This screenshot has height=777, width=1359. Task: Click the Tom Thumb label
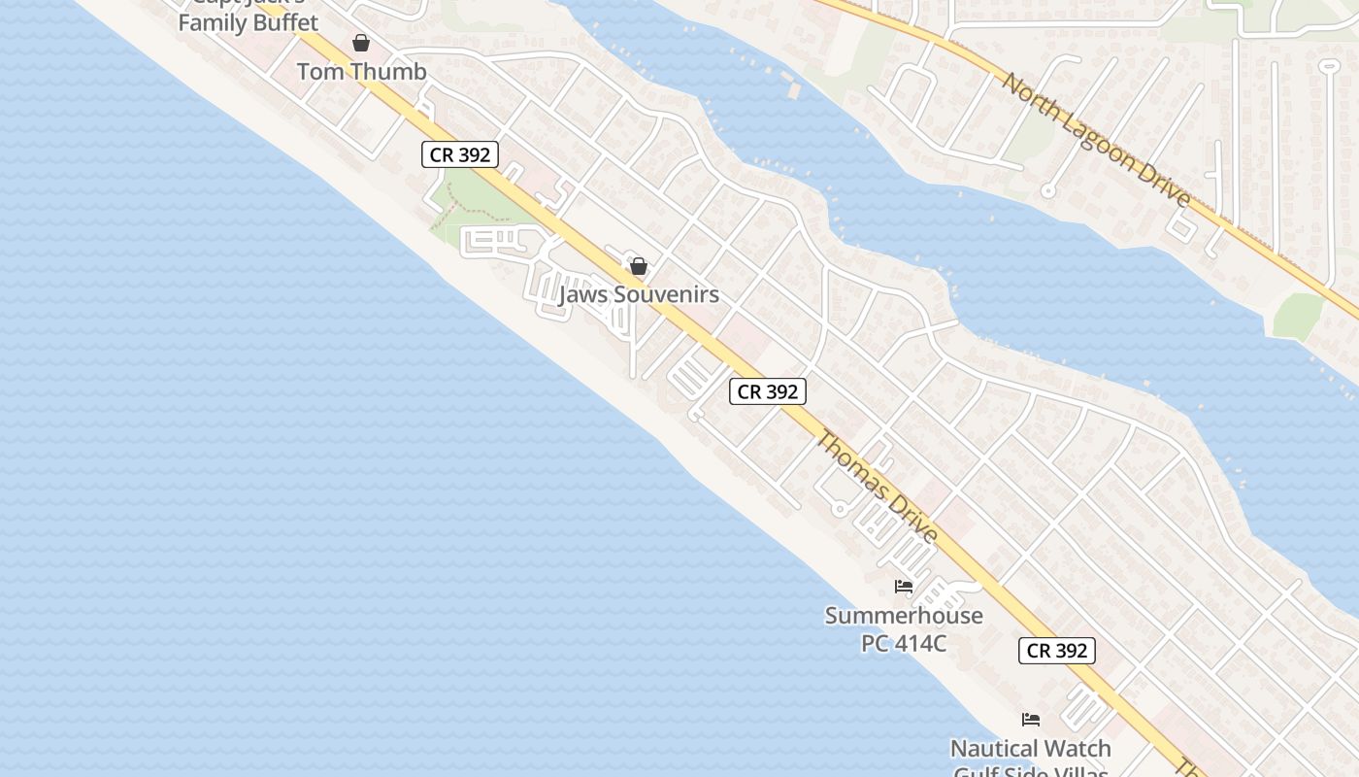[361, 72]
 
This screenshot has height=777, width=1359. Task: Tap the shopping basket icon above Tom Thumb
[361, 43]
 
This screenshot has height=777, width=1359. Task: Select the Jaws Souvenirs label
[639, 294]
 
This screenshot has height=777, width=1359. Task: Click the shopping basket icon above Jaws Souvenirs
[639, 266]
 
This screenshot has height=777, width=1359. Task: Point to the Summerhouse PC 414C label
[904, 628]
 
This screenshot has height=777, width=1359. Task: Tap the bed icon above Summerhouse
[904, 587]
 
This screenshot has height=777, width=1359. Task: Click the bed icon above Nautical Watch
[1031, 720]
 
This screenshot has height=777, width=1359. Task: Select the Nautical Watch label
[1031, 749]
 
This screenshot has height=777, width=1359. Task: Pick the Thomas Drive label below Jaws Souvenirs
[877, 487]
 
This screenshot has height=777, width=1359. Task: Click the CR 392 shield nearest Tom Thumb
[460, 154]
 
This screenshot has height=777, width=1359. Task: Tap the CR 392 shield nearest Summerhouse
[1057, 651]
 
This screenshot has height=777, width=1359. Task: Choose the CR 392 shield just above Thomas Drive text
[768, 391]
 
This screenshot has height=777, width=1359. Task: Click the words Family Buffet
[248, 22]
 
